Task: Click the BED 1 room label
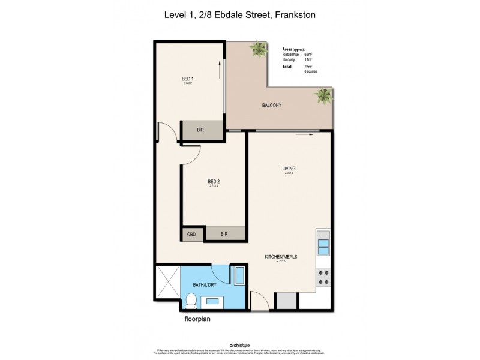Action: pos(188,79)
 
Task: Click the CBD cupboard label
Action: pos(192,234)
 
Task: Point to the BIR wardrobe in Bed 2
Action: pos(224,234)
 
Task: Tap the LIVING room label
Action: pos(289,169)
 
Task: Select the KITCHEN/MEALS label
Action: pos(281,256)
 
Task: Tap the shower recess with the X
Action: pos(167,283)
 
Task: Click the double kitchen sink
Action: pos(323,247)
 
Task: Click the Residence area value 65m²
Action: pos(308,55)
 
